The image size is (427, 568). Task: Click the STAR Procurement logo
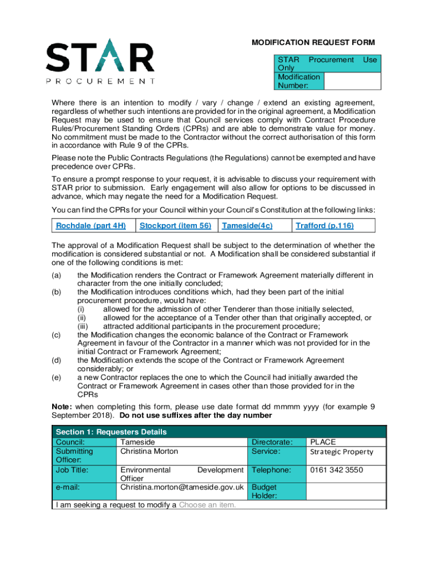(100, 61)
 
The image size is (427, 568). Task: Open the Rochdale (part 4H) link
(91, 225)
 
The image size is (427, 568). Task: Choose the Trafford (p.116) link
(324, 225)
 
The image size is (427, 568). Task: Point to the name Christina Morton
(149, 451)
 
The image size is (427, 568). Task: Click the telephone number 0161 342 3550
(337, 470)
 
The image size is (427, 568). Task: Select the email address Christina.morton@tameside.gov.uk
(182, 487)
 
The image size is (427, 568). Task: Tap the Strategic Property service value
(342, 452)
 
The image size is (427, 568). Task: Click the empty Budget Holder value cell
(345, 491)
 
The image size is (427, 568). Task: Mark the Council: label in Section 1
(70, 442)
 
